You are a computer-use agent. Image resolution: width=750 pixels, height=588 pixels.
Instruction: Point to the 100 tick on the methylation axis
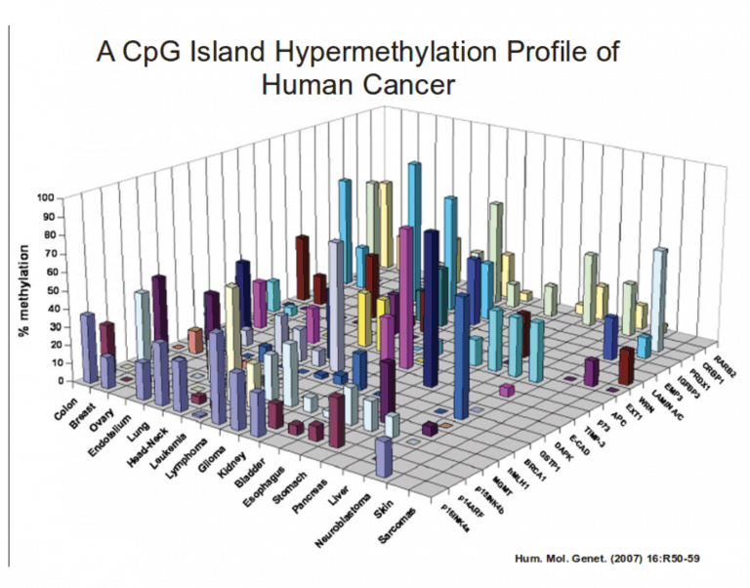(x=46, y=198)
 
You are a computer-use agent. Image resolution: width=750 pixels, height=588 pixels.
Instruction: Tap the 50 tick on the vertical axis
(x=49, y=291)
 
